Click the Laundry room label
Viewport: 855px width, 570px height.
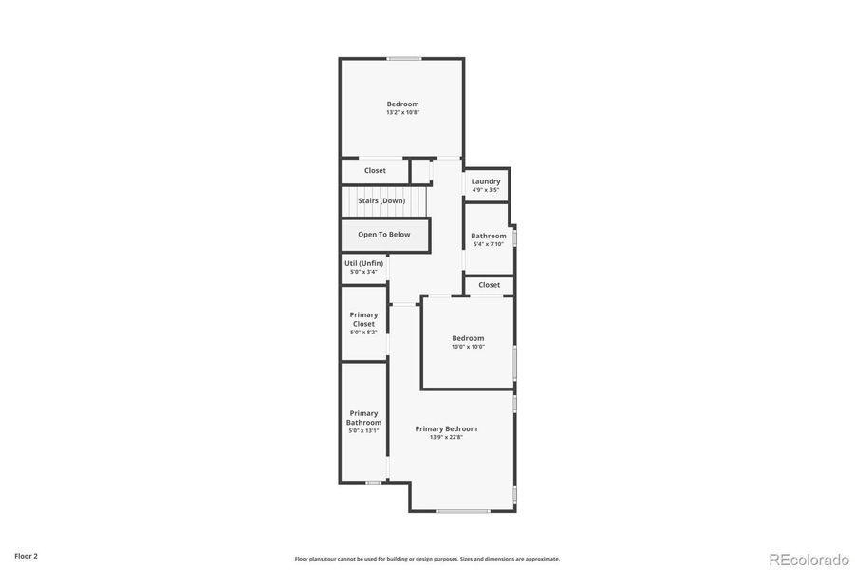click(486, 181)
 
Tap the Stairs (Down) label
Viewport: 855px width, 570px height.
click(381, 200)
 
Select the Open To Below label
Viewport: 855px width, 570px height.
click(384, 234)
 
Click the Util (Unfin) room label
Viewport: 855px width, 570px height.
click(363, 263)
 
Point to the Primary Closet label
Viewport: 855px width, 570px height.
click(363, 319)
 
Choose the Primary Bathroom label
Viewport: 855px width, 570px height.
click(363, 418)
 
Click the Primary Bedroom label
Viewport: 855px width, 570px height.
click(446, 428)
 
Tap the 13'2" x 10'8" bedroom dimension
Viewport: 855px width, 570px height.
click(402, 113)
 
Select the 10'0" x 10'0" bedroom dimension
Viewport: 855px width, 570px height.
click(468, 347)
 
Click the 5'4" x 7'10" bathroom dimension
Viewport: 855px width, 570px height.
click(489, 244)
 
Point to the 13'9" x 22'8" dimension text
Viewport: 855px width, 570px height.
click(446, 438)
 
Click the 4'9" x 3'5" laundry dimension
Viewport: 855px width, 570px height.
click(486, 190)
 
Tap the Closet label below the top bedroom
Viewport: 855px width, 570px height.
click(375, 171)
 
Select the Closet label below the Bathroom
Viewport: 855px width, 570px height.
click(489, 285)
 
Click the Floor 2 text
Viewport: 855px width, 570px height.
click(26, 555)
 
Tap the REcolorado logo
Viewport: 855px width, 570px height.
click(809, 558)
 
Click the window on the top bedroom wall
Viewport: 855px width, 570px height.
click(403, 59)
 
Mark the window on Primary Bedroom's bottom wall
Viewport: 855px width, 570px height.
click(463, 511)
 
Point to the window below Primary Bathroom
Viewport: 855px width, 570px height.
click(374, 482)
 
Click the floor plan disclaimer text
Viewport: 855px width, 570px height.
click(427, 559)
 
